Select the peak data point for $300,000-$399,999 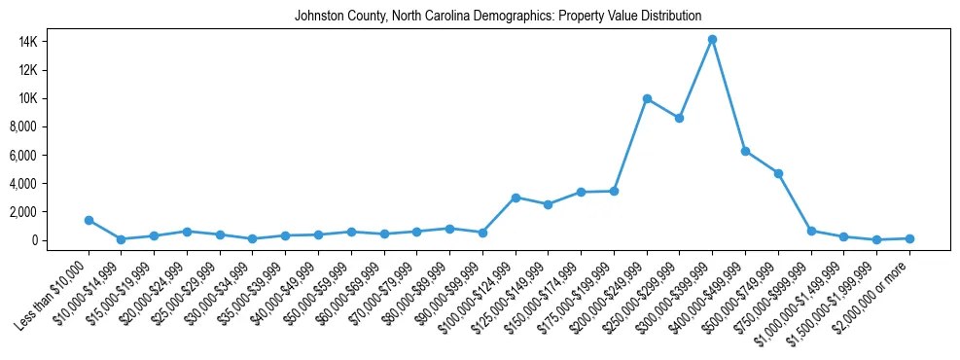pos(712,39)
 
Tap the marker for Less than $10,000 pos(89,220)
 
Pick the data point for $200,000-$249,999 pos(647,98)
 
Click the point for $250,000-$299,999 pos(679,118)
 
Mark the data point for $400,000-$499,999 pos(745,151)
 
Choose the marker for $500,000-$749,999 pos(778,173)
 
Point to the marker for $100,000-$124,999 pos(516,198)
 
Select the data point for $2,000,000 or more pos(909,238)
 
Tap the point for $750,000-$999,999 pos(811,231)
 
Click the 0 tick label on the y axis pos(59,240)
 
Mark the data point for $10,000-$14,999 pos(122,238)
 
